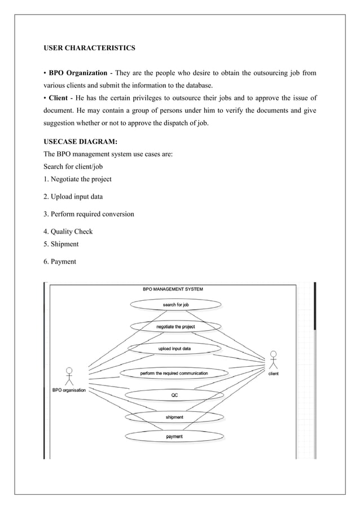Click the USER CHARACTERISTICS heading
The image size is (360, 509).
point(89,49)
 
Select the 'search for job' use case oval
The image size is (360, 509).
point(176,305)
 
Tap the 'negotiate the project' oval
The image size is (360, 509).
point(175,327)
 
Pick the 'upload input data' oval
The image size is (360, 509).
point(174,349)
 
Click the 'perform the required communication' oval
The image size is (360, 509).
point(174,373)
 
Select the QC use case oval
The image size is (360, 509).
point(174,395)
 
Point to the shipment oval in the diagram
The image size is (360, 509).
point(174,417)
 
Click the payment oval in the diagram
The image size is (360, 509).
point(174,437)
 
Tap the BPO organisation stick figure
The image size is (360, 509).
point(69,377)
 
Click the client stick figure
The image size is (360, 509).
point(273,360)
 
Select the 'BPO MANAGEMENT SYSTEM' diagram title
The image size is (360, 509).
point(173,289)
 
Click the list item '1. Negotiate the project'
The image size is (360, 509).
point(77,179)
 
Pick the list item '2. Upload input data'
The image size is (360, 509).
point(74,197)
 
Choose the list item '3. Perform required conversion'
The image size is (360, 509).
point(89,214)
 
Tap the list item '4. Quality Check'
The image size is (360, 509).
point(68,232)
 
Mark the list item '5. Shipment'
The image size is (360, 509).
point(61,244)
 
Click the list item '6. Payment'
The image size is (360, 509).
point(60,262)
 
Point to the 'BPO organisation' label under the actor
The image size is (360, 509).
point(69,390)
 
